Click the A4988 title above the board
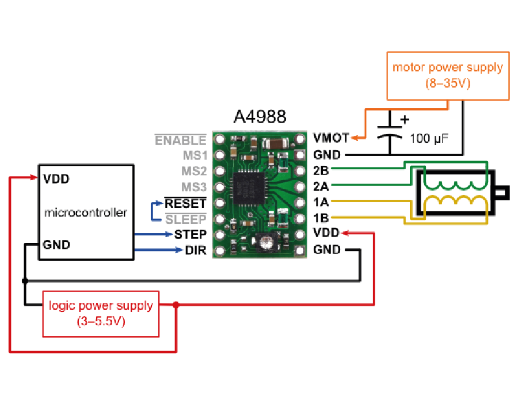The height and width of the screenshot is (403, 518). [x=260, y=117]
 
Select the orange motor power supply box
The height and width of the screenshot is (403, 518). [x=447, y=75]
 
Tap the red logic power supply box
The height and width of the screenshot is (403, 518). [x=101, y=314]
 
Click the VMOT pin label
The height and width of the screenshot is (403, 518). [x=331, y=138]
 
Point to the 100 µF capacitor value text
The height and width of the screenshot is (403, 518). [x=429, y=139]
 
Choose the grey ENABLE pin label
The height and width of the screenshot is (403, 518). [x=180, y=140]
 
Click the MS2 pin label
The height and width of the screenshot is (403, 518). [x=194, y=172]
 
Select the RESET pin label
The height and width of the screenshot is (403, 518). [x=185, y=203]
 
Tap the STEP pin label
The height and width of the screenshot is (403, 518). [x=190, y=234]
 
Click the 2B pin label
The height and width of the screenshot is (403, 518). [x=321, y=170]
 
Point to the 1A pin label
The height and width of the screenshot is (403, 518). [x=321, y=203]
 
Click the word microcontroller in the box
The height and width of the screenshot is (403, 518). [x=85, y=212]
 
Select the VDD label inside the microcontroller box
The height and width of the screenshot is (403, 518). [x=56, y=178]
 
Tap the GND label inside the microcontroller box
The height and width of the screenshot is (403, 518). [x=56, y=245]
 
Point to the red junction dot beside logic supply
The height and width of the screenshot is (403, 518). [x=176, y=305]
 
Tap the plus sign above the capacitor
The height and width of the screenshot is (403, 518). [x=405, y=120]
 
